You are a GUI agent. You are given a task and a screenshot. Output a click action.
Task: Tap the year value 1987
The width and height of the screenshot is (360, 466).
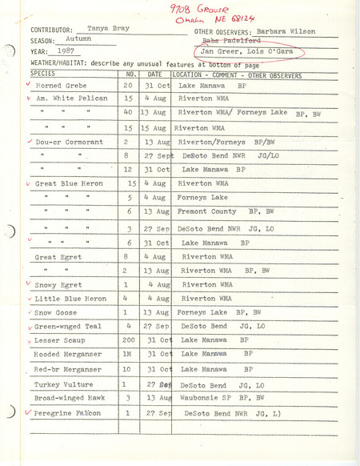80,50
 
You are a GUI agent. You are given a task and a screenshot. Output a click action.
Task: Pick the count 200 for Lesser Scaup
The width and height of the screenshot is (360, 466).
127,340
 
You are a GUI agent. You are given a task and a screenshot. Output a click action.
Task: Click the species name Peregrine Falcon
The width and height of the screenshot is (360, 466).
69,413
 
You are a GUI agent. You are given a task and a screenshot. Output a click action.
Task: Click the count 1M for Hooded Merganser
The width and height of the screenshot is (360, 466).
127,355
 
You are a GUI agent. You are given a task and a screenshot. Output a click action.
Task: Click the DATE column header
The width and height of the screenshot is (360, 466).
157,74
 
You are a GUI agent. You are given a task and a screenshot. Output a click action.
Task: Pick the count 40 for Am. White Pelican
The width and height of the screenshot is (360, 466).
128,112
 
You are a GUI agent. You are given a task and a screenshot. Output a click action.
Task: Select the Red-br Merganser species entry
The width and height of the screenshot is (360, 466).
68,369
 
